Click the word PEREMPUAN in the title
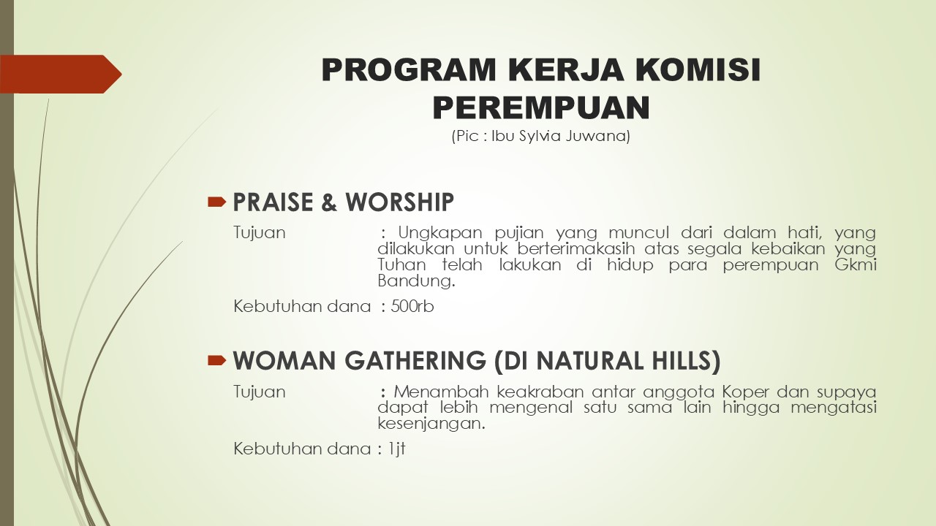541,107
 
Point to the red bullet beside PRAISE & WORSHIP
216,202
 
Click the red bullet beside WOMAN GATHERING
216,360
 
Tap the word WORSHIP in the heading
399,202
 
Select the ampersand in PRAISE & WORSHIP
329,202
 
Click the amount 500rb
412,306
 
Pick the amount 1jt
396,449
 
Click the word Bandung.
416,281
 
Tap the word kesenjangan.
431,424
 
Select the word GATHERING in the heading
415,360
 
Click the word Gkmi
856,264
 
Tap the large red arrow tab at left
61,74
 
